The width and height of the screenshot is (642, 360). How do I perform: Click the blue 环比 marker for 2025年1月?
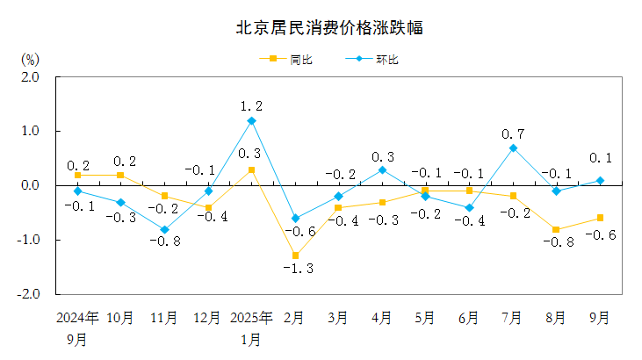pos(251,120)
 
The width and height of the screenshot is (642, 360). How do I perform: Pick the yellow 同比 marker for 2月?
pos(295,256)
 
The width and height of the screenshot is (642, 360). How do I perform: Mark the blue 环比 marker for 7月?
pos(513,148)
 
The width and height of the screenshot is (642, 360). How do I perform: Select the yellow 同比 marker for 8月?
pos(557,229)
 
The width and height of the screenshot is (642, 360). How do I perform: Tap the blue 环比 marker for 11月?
pos(164,229)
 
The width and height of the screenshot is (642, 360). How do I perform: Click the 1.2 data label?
pos(251,106)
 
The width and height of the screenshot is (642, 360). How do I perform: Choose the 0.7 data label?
pos(513,133)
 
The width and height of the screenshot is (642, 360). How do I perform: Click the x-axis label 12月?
pos(207,318)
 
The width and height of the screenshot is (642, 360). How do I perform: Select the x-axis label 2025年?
pos(251,318)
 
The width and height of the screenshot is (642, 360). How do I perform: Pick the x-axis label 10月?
pos(120,318)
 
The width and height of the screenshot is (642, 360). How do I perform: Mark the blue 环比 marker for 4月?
pos(382,169)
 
